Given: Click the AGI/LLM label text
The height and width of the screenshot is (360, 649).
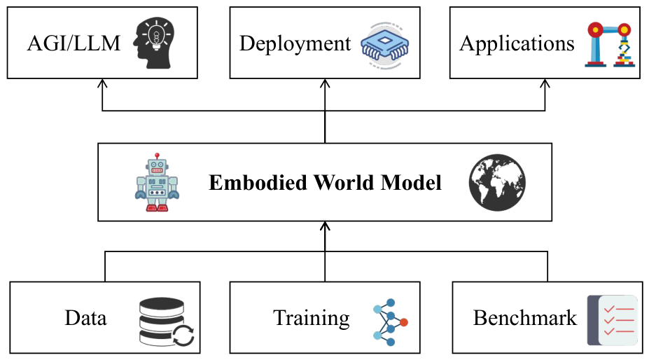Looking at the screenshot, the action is pos(74,43).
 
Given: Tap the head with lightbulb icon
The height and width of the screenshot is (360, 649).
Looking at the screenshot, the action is pos(154,43).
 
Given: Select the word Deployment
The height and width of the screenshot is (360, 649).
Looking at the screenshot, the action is pos(295,44).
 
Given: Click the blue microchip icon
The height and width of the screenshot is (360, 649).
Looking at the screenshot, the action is pos(385,45).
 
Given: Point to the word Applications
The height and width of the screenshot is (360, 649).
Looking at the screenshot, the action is pos(517,44).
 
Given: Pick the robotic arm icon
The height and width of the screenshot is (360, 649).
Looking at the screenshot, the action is pos(610,45).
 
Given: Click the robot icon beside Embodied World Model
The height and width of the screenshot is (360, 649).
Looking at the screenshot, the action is pos(158,182).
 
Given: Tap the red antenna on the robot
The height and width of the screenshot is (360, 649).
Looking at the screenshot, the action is pos(158,155).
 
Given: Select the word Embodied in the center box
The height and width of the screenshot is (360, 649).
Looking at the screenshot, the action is pos(258,183).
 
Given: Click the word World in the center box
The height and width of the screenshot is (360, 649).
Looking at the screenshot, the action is pos(344,183).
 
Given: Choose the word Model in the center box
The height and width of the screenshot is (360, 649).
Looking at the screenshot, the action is pos(411,183).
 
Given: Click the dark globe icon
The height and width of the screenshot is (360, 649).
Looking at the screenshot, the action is pos(497,182).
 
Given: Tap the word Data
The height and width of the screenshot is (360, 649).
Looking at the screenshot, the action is pos(85,318).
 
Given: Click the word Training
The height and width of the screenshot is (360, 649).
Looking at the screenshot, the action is pos(312,319).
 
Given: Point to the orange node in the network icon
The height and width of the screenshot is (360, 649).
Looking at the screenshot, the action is pos(404,322).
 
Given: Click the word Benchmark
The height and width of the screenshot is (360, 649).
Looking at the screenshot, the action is pos(525,318).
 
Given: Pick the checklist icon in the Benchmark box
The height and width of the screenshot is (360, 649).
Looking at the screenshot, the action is pos(613,320).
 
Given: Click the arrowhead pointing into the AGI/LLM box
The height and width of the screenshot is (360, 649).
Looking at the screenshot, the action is pos(102,83).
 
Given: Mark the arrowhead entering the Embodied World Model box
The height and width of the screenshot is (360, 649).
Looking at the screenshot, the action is pos(325,226).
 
